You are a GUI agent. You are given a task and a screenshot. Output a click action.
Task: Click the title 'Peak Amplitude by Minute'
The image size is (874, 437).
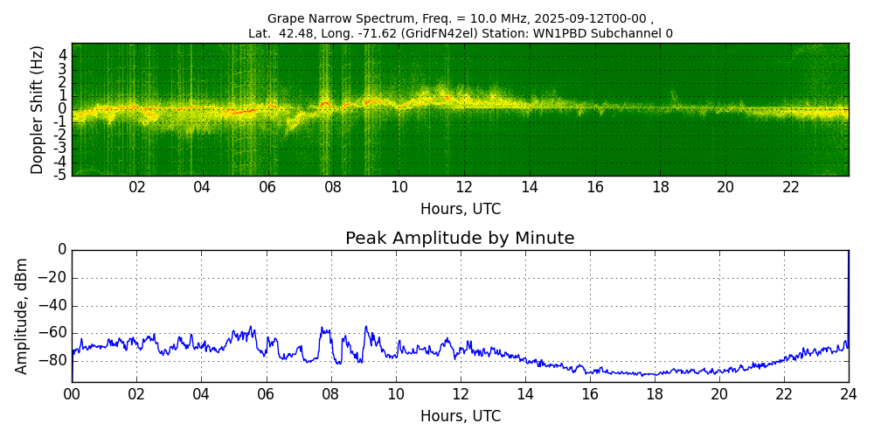point(460,239)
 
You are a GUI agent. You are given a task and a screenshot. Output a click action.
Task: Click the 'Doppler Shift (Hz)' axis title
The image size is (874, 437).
point(38,110)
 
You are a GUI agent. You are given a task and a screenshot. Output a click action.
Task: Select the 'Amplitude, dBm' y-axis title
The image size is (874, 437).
point(23,316)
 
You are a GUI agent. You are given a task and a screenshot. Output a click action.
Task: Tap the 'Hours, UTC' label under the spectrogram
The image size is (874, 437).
point(461,210)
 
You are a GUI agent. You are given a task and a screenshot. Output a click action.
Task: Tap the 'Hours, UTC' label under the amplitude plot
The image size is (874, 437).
point(461,416)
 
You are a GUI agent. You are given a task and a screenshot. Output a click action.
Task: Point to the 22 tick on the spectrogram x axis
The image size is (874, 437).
point(791,187)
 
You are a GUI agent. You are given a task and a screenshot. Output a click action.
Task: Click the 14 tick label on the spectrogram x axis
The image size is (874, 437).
point(530,187)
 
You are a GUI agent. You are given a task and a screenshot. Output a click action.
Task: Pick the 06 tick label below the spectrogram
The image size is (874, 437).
point(267,187)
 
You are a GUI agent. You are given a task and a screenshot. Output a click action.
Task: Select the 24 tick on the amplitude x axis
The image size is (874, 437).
point(848,393)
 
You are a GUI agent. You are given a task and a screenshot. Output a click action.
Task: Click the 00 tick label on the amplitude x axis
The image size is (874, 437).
point(72,393)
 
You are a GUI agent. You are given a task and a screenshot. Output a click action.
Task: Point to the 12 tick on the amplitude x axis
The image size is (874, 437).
point(461,393)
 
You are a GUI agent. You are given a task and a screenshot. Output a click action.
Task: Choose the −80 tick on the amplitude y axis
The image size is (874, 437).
point(53,360)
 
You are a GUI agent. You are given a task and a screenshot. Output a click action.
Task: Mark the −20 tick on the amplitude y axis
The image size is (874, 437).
point(53,278)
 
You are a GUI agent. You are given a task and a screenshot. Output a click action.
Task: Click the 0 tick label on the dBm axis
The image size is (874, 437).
point(61,250)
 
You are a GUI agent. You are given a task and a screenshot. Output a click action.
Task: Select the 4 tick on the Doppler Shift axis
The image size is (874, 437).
point(63,55)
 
